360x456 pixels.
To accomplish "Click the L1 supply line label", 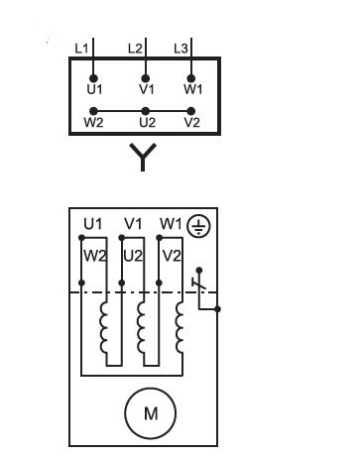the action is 81,49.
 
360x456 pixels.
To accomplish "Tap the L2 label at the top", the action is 135,49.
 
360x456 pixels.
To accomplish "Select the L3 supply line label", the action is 180,49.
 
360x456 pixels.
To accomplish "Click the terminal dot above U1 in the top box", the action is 94,78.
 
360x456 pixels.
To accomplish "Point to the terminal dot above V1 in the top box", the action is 146,78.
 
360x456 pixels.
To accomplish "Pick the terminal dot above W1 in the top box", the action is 190,78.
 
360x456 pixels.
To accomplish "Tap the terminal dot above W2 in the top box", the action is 94,111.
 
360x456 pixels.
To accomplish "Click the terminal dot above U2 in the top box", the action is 146,111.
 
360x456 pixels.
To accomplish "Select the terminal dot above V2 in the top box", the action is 190,111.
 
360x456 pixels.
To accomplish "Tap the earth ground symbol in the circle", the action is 198,226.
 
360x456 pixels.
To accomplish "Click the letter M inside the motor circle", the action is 151,413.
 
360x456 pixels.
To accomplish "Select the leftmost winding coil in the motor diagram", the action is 103,328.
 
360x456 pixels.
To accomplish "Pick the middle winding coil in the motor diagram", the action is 141,328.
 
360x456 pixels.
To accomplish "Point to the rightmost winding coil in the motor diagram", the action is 179,328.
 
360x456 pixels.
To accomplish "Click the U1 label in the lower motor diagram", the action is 93,224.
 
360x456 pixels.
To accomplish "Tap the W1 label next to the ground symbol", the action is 171,224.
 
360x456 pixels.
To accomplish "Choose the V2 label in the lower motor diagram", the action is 172,256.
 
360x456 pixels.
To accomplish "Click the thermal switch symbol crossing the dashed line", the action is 198,285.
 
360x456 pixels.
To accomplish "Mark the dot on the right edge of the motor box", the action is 217,309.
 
